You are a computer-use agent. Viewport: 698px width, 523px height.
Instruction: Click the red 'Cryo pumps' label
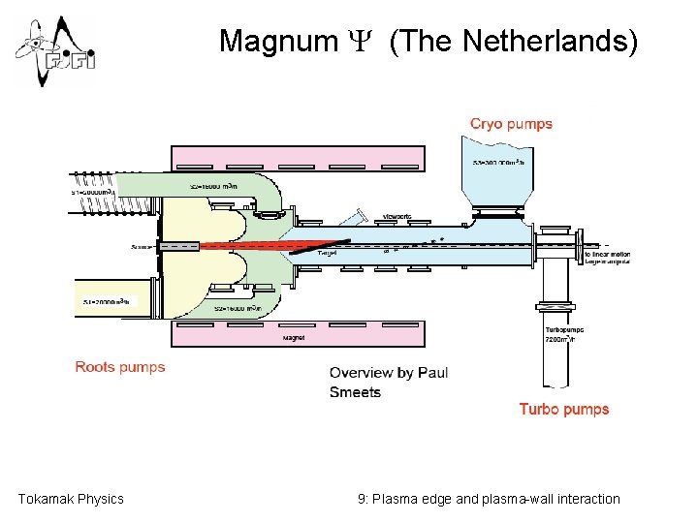[511, 124]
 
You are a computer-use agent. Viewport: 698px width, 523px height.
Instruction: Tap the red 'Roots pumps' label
[120, 367]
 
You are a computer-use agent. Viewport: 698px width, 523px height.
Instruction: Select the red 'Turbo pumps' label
[564, 409]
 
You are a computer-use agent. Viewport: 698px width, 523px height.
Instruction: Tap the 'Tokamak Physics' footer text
[71, 499]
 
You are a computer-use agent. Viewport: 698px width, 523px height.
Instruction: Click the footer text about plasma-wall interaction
[489, 499]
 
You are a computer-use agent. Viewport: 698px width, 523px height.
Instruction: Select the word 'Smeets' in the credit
[355, 392]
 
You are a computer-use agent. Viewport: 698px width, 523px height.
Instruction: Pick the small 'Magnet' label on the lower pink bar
[295, 338]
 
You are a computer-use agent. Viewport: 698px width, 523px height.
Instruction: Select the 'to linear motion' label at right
[608, 254]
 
